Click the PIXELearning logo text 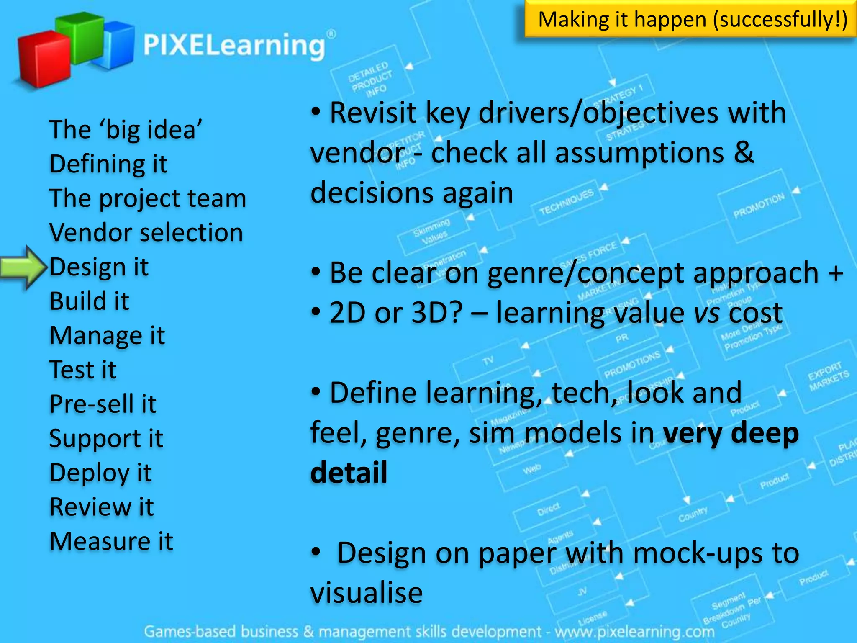coord(234,45)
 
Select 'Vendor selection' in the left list coord(146,232)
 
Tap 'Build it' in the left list coord(89,301)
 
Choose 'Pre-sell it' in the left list coord(103,404)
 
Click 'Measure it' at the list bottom coord(111,541)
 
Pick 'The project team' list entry coord(148,198)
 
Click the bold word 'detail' coord(349,473)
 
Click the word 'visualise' coord(367,593)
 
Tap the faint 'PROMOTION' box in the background coord(759,206)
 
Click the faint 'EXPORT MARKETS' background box coord(828,376)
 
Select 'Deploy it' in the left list coord(100,473)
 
